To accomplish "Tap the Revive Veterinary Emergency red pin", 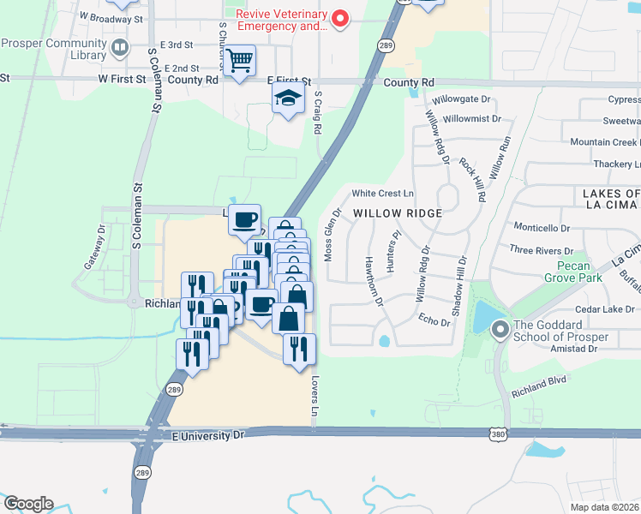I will point(340,19).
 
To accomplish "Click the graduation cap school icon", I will point(289,99).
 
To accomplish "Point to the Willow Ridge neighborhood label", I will point(398,212).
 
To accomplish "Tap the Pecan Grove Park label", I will point(573,271).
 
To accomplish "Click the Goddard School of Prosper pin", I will point(500,327).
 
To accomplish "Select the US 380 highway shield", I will point(498,435).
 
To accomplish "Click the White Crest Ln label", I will point(382,194).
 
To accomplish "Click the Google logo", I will point(28,504).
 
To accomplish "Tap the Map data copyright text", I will point(605,507).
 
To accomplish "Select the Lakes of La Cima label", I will point(611,200).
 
